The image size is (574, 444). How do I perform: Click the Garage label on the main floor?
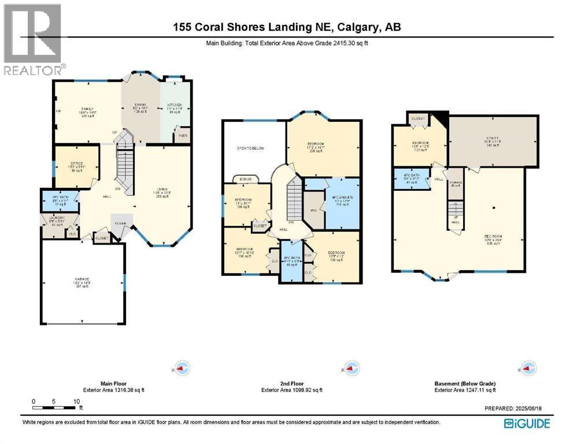tap(81, 280)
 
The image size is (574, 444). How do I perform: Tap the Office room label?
tap(75, 164)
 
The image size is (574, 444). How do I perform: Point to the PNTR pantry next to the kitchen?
tap(183, 136)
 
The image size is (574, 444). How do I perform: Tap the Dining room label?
tap(140, 105)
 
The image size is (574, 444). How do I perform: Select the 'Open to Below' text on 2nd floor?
tap(251, 149)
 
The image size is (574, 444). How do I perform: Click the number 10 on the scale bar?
tap(76, 401)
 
